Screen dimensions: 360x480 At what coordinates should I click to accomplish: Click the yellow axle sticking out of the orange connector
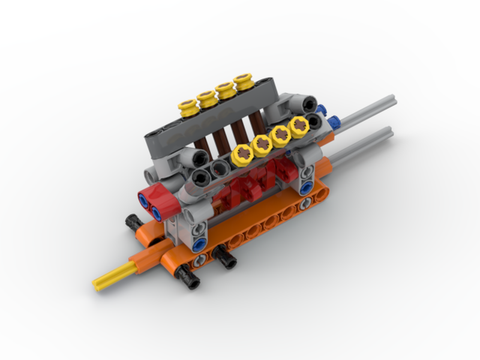coord(113,277)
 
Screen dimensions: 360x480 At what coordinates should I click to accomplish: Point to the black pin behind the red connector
coord(132,223)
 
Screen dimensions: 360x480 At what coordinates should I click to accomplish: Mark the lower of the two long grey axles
coord(360,146)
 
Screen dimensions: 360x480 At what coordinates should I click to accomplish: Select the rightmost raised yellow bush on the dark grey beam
coord(243,82)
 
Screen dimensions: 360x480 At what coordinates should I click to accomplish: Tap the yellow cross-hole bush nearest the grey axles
coord(299,127)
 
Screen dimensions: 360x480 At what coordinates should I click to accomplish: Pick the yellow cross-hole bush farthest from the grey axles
coord(242,155)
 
